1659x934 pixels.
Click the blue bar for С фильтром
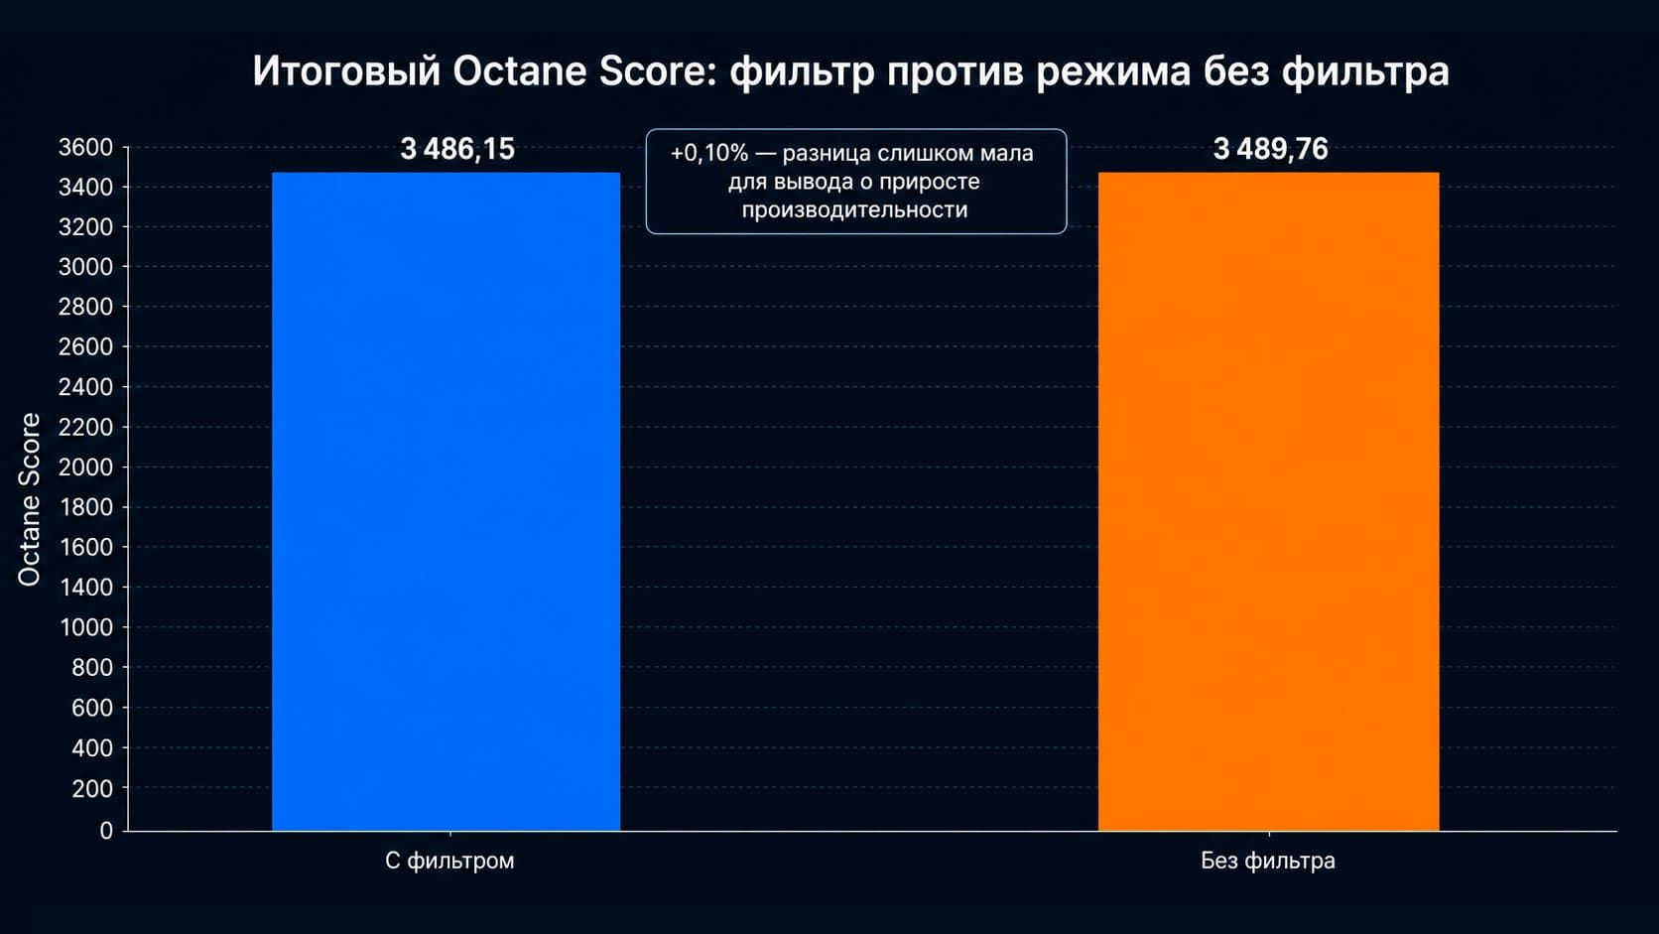[446, 501]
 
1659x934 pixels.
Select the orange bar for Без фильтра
[1269, 501]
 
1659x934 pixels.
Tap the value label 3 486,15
[457, 149]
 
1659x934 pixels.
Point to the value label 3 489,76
[1271, 149]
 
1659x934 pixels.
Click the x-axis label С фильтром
[449, 861]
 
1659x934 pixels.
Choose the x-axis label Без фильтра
[1268, 861]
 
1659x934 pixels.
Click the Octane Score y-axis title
[29, 500]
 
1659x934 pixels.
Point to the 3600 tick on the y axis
[86, 148]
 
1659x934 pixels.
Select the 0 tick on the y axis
[106, 831]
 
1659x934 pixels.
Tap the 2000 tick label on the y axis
[86, 467]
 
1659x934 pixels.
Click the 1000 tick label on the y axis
[86, 627]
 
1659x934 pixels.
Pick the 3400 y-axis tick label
[86, 188]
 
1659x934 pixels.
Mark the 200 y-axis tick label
[92, 788]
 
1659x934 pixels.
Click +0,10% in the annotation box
[709, 153]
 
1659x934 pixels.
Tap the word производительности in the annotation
[854, 209]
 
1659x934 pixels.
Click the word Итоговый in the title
[346, 71]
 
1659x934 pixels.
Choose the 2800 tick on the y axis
[86, 307]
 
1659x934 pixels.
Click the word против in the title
[955, 72]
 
